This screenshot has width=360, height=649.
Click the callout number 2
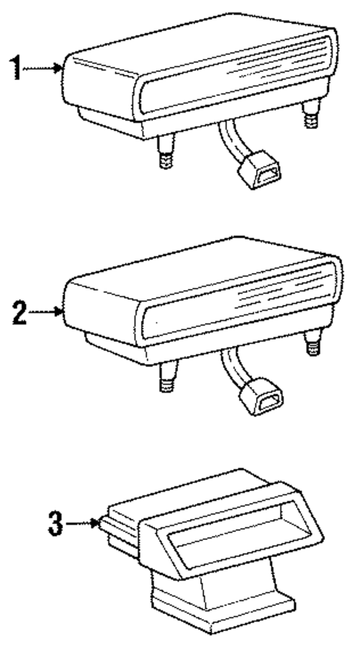coord(21,312)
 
